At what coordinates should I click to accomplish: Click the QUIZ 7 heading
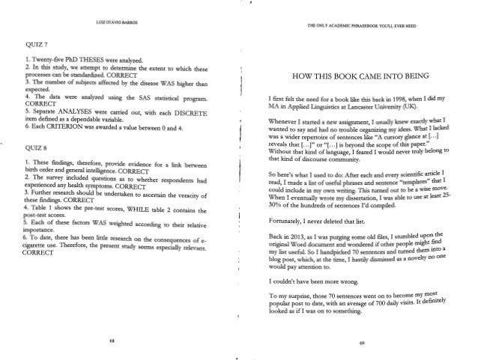tap(37, 43)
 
